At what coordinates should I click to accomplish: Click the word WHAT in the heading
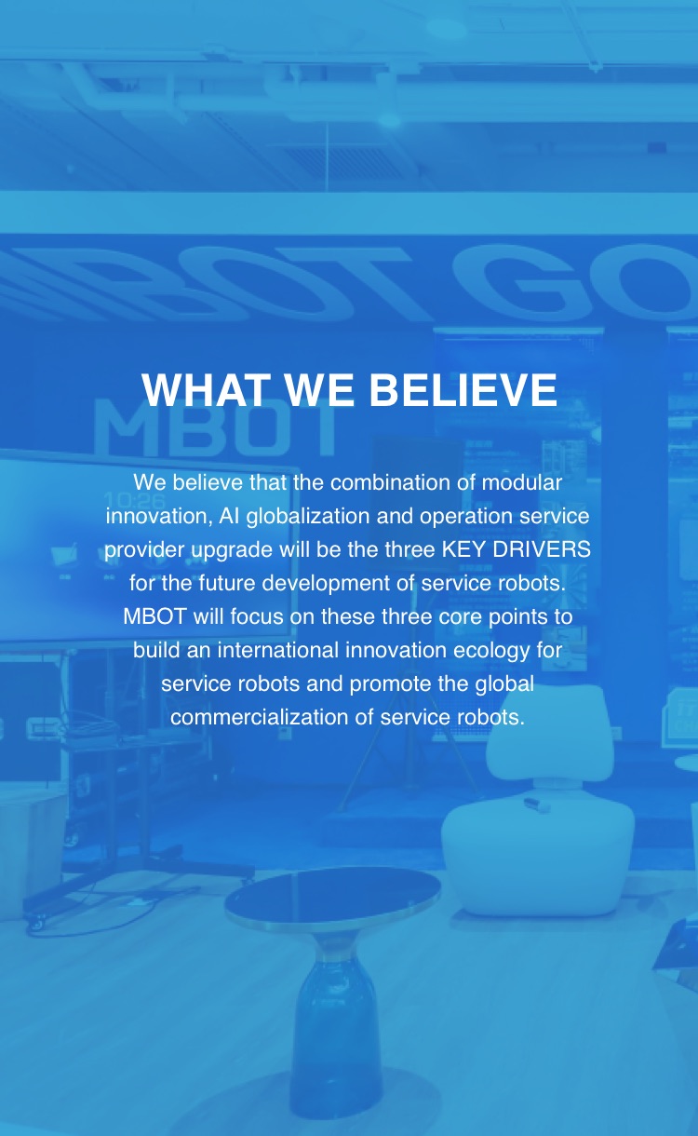pyautogui.click(x=206, y=389)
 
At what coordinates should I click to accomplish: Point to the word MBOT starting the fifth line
pyautogui.click(x=154, y=616)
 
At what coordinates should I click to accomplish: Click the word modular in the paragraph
pyautogui.click(x=521, y=482)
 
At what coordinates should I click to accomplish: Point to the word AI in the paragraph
pyautogui.click(x=229, y=516)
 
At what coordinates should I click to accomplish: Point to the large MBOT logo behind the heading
pyautogui.click(x=214, y=426)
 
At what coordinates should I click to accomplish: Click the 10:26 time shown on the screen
pyautogui.click(x=134, y=501)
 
